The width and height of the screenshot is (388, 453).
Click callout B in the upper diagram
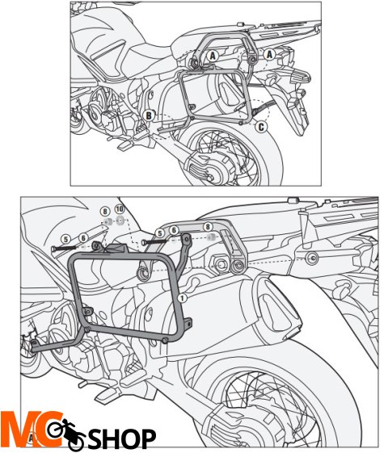coord(149,115)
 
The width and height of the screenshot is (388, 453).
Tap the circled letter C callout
coord(261,127)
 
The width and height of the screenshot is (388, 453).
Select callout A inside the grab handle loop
coord(213,56)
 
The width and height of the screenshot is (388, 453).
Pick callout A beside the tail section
coord(270,54)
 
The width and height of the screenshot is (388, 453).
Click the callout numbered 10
coord(120,208)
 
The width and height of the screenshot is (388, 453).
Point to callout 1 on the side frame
coord(183,298)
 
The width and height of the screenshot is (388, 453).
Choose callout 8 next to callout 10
coord(105,212)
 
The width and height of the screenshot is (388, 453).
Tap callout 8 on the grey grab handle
coord(208,227)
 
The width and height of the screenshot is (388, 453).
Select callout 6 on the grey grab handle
coord(174,230)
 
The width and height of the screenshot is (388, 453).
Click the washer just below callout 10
coord(120,221)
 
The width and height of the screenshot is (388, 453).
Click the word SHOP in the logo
coord(122,438)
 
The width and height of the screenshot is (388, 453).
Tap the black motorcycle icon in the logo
coord(67,432)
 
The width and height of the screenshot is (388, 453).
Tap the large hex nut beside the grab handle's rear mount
coord(221,264)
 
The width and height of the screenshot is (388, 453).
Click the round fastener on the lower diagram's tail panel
coord(312,256)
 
